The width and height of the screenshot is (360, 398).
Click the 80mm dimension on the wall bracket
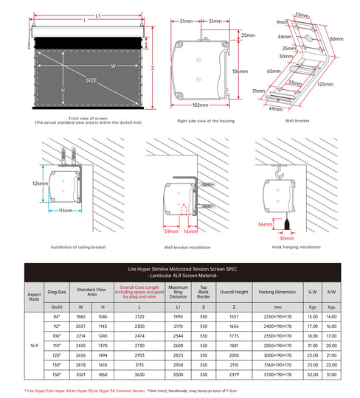tap(336, 38)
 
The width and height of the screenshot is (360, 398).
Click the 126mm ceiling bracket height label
tap(41, 184)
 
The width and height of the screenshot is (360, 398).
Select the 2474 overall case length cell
tap(139, 335)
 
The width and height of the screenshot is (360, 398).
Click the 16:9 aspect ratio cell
tap(34, 345)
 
